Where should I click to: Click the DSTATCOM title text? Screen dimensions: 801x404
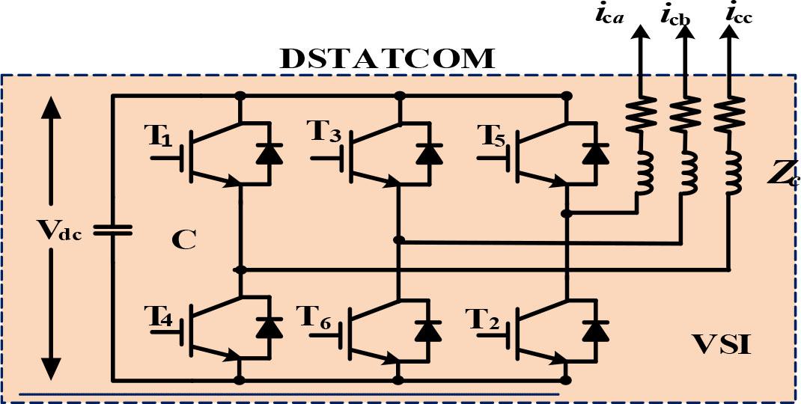coord(387,59)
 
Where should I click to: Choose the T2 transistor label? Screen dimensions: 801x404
coord(483,317)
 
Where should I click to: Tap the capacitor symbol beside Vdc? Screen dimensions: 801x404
coord(113,231)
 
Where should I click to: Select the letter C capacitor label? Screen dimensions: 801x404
coord(183,240)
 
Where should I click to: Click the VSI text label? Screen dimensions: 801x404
coord(721,345)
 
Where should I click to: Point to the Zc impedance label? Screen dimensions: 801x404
coord(785,176)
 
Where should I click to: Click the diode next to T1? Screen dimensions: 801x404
coord(269,152)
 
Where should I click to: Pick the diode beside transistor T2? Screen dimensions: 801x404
coord(595,329)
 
